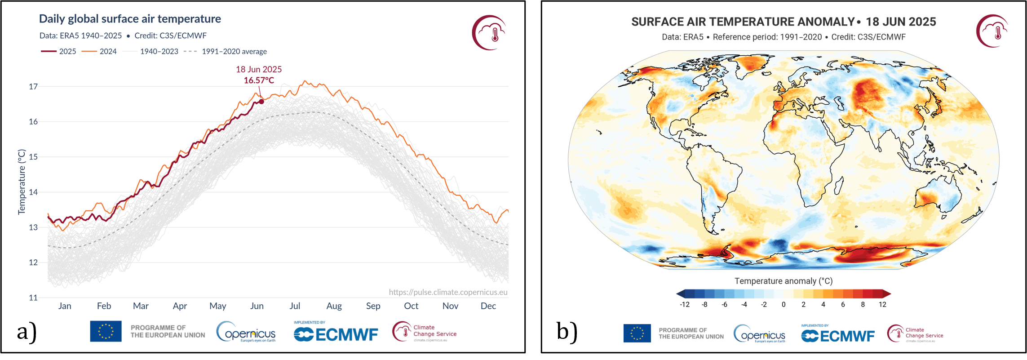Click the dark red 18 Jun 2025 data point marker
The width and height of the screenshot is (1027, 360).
pyautogui.click(x=261, y=102)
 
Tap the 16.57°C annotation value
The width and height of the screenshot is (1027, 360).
pyautogui.click(x=259, y=80)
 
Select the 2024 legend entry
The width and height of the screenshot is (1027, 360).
pyautogui.click(x=99, y=52)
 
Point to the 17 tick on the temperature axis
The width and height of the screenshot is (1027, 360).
pyautogui.click(x=33, y=87)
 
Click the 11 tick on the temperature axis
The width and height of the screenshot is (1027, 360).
pyautogui.click(x=33, y=298)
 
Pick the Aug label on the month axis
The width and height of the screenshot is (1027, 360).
pyautogui.click(x=334, y=306)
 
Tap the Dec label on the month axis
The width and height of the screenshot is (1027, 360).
pyautogui.click(x=488, y=306)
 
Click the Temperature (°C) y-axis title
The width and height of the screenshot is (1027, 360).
pyautogui.click(x=22, y=182)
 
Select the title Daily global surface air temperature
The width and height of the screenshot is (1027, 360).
pyautogui.click(x=130, y=19)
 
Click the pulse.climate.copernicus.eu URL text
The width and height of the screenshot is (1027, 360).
pyautogui.click(x=448, y=292)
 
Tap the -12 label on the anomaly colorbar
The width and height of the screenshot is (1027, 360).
pyautogui.click(x=685, y=305)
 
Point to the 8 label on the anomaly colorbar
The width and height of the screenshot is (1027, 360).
pyautogui.click(x=863, y=305)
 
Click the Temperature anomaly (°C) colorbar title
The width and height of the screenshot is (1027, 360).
pyautogui.click(x=784, y=281)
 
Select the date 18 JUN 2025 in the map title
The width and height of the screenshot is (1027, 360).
pyautogui.click(x=901, y=22)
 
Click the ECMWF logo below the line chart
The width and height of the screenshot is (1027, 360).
pyautogui.click(x=336, y=334)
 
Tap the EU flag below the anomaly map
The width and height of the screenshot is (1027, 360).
pyautogui.click(x=637, y=333)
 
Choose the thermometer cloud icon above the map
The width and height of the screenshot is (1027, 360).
pyautogui.click(x=992, y=31)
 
